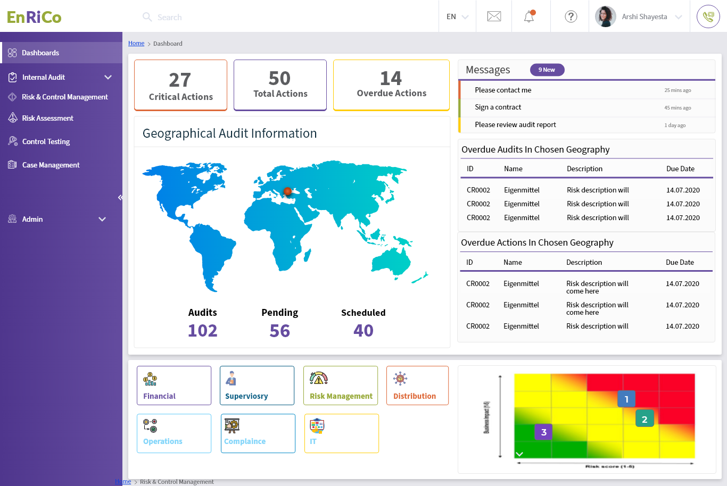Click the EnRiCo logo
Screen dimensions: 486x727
click(34, 17)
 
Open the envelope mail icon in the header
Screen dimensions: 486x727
click(494, 16)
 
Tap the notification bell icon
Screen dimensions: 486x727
click(529, 16)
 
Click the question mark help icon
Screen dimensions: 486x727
click(571, 16)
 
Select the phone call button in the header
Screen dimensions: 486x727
click(708, 16)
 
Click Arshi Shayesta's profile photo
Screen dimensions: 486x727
click(605, 16)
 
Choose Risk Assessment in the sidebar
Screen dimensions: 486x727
click(47, 118)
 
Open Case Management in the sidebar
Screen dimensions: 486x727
click(51, 165)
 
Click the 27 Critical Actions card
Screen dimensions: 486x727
click(180, 85)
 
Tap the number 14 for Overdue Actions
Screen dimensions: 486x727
click(391, 79)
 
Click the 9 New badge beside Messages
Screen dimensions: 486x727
click(547, 70)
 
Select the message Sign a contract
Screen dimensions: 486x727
click(498, 107)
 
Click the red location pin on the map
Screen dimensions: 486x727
click(287, 191)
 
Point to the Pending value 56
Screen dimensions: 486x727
click(279, 331)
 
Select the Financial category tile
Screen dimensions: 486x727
click(174, 386)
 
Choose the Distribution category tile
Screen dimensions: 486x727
click(417, 386)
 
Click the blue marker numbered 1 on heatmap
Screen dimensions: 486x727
click(626, 399)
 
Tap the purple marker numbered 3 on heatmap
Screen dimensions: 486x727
click(543, 432)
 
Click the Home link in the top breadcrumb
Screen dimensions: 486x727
click(136, 43)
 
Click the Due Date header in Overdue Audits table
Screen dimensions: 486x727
click(680, 169)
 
